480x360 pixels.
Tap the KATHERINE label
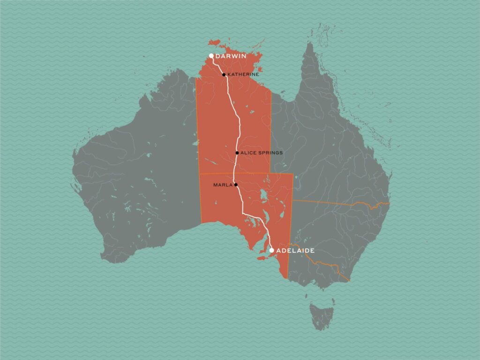point(243,75)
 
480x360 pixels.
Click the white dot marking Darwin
point(211,56)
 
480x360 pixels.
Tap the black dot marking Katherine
point(224,75)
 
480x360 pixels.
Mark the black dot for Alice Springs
point(237,153)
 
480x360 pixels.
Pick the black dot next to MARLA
point(236,185)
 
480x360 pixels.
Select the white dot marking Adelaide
point(271,250)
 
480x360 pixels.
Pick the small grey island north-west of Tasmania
point(307,296)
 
